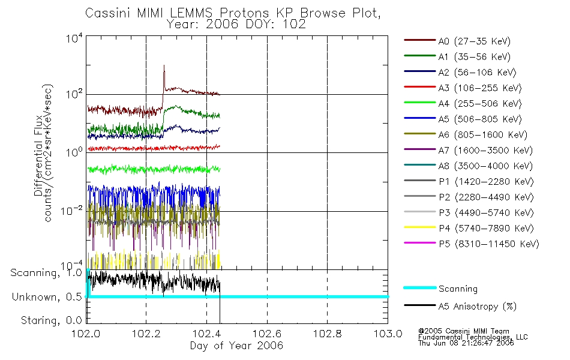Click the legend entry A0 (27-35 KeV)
(x=457, y=41)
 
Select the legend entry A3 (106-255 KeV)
(x=463, y=88)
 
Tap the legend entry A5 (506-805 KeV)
(x=463, y=119)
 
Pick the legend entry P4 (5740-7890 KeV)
(x=469, y=229)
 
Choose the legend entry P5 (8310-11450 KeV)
(x=472, y=244)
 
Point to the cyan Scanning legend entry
(x=440, y=289)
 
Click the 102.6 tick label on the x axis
(x=267, y=334)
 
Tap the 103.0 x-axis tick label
(x=388, y=334)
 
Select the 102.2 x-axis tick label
(x=146, y=334)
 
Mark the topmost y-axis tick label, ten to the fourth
(x=74, y=38)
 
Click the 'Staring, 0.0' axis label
(x=52, y=320)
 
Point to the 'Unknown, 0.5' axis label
(x=47, y=297)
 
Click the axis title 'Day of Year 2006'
(x=236, y=346)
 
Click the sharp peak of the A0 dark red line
(x=164, y=65)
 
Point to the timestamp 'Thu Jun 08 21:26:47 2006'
(x=466, y=343)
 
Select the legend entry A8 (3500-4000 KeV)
(x=468, y=166)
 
